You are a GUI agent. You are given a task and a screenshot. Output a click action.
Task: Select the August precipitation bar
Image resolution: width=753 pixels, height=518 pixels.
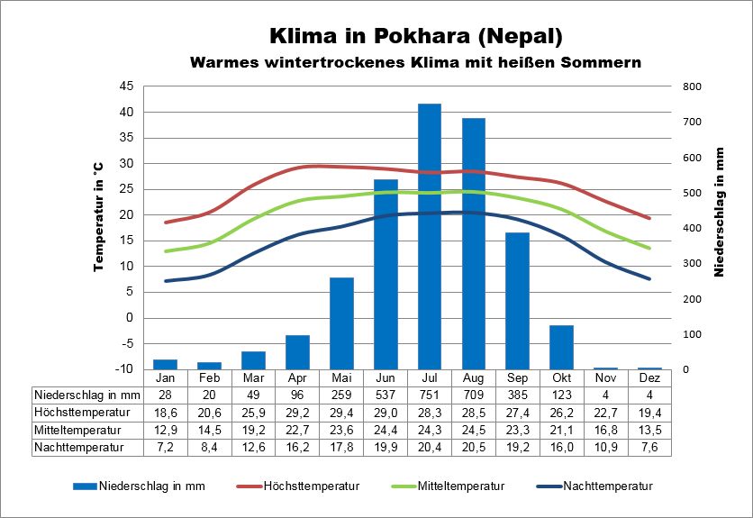[474, 243]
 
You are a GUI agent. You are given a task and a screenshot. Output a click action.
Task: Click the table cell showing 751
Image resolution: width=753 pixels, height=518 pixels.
[430, 395]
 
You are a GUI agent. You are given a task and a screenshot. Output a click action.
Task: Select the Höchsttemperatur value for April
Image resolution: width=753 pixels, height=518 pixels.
[297, 413]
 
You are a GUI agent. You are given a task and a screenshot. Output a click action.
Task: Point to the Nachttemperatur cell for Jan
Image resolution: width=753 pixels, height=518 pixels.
[165, 447]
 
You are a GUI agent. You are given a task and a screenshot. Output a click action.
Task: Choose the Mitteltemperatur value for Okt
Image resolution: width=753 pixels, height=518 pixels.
[562, 430]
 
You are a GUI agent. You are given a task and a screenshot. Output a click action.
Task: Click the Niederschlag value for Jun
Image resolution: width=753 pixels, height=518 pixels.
[386, 395]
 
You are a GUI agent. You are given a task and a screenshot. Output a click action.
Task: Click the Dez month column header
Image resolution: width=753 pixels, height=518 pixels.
[650, 378]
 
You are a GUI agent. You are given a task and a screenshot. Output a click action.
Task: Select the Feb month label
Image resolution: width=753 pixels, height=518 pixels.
[209, 378]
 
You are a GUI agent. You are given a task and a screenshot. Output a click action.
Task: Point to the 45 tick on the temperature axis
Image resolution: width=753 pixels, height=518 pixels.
[126, 86]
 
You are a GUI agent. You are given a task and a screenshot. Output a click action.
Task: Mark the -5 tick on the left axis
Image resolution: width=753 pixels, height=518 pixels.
[126, 343]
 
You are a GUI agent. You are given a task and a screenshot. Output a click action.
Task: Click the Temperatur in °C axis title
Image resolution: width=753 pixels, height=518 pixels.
[99, 216]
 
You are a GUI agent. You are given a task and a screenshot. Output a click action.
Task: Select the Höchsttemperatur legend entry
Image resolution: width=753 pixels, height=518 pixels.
[312, 486]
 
